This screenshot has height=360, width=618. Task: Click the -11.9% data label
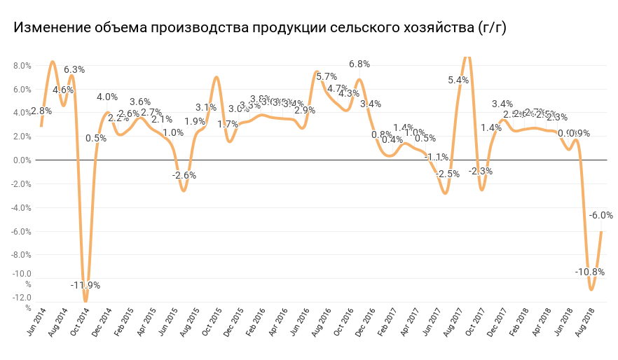coord(85,285)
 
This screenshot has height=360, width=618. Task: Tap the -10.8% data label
coord(589,272)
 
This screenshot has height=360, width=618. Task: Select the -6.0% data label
coord(601,215)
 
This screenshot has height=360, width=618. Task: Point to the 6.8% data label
coord(359,64)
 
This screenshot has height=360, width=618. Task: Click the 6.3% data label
coord(74,69)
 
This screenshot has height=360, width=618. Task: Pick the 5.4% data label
coord(458,80)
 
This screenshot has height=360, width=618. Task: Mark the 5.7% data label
coord(327,76)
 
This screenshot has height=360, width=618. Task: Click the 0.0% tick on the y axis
coord(22,160)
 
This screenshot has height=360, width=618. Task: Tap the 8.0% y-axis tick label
coord(22,66)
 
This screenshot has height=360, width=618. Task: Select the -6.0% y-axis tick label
coord(21,231)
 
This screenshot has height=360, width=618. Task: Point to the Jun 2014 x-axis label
coord(36,322)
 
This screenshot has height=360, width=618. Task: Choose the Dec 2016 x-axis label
coord(364,322)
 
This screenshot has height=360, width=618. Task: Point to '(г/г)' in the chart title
coord(492,28)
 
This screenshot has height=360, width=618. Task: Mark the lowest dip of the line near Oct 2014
coord(86,301)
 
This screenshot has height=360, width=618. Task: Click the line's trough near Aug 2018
coord(591,289)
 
